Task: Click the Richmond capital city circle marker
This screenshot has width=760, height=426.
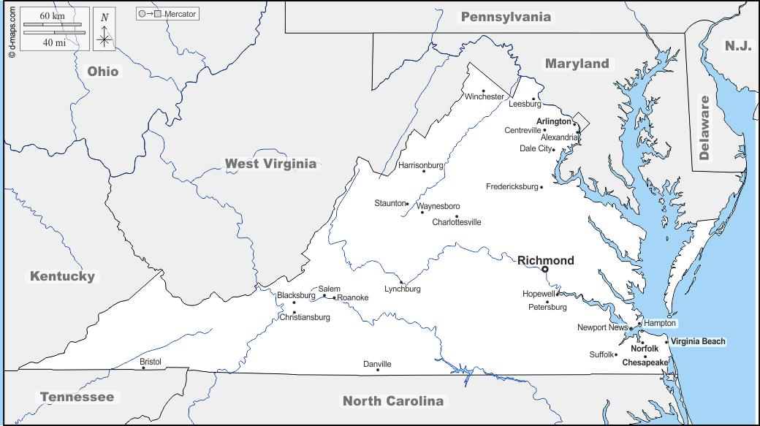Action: (x=544, y=269)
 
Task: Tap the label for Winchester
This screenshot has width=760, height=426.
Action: (x=484, y=96)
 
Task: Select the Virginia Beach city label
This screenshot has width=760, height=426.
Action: (x=699, y=341)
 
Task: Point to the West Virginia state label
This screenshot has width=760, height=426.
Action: (x=270, y=164)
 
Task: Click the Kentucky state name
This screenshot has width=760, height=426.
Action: (x=62, y=276)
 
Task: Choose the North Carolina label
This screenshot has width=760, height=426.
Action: (x=393, y=400)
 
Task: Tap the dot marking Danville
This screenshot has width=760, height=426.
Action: (x=378, y=370)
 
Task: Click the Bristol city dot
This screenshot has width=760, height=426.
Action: (x=143, y=368)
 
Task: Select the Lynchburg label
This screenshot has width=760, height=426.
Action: (x=403, y=289)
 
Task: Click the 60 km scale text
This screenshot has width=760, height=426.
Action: (x=52, y=16)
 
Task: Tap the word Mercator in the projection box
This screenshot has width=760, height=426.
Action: (x=180, y=14)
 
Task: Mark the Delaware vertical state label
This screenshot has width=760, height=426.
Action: (x=704, y=127)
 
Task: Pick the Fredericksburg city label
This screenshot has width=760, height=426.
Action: (x=512, y=187)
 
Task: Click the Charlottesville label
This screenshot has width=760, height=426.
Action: (x=457, y=222)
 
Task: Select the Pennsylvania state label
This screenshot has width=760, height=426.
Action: (x=506, y=17)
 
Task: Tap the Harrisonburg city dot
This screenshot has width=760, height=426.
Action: (x=424, y=171)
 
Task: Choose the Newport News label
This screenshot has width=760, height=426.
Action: (x=602, y=327)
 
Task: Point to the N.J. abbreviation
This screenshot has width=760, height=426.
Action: (x=737, y=46)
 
